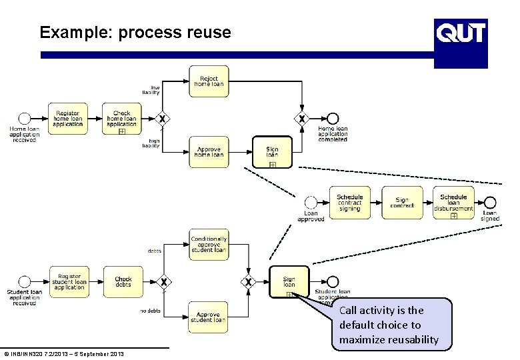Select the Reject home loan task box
click(209, 81)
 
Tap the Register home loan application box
click(67, 119)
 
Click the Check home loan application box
click(121, 119)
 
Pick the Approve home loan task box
click(209, 152)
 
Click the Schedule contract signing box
click(349, 203)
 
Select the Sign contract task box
click(402, 203)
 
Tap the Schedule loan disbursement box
click(453, 203)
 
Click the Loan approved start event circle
click(311, 203)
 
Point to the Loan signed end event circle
click(490, 203)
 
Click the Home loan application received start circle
click(25, 119)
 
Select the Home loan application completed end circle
click(333, 119)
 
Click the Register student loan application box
click(69, 282)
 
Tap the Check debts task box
click(123, 282)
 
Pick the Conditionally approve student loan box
click(209, 245)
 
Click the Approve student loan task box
click(209, 317)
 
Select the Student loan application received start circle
click(25, 282)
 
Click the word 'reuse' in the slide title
click(210, 33)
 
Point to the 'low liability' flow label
click(151, 90)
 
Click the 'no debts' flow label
click(151, 311)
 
